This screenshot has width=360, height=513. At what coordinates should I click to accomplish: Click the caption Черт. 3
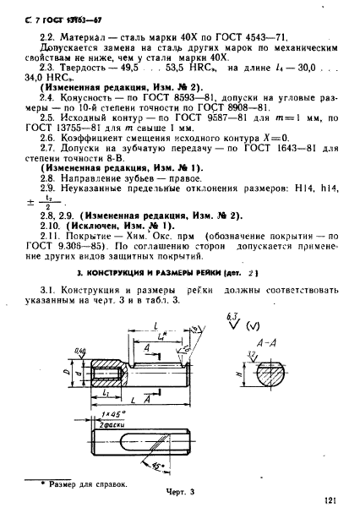[x=181, y=490]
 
